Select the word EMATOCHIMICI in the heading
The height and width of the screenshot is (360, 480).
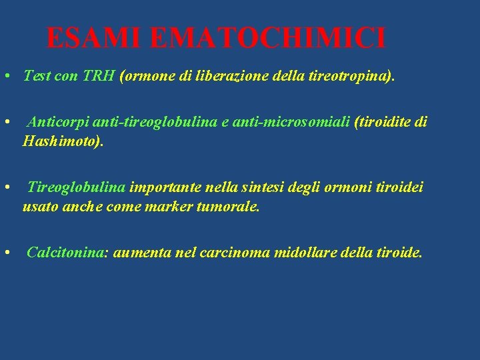click(267, 38)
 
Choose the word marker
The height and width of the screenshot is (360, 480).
click(170, 206)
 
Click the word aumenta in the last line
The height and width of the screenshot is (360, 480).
click(139, 253)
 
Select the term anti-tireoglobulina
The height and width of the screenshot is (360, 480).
click(157, 122)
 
